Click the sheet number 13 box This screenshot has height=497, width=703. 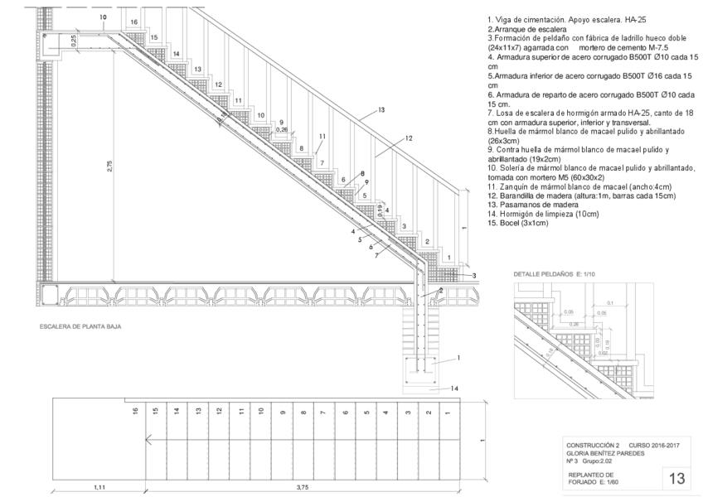pos(676,478)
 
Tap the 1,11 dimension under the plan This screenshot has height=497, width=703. pos(98,487)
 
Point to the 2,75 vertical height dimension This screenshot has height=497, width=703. pos(110,166)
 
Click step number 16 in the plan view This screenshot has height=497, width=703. pos(134,410)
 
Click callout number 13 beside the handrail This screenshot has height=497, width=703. pos(381,109)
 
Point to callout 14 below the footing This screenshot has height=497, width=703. pos(454,388)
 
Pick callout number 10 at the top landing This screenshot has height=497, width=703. pos(102,17)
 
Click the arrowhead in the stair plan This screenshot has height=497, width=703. pos(147,440)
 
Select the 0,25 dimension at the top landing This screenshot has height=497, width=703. pos(73,39)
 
